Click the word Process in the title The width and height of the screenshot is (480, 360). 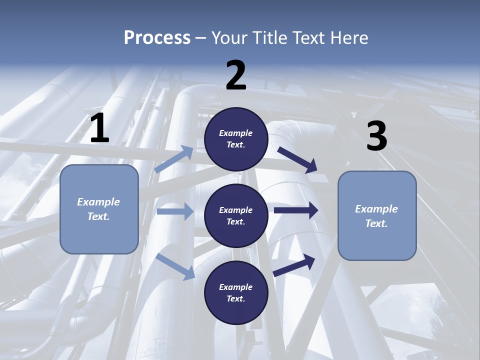[x=157, y=37]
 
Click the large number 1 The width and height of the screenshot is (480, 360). [x=99, y=128]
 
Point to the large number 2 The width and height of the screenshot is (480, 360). [x=236, y=75]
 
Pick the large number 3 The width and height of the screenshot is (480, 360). [x=376, y=136]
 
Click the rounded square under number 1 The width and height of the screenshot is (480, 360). [x=99, y=209]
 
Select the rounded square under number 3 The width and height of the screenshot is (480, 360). [x=377, y=215]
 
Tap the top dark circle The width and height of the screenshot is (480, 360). [x=236, y=139]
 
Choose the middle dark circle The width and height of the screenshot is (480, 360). [x=236, y=215]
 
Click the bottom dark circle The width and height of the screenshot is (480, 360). [x=236, y=292]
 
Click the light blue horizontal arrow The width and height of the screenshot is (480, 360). [x=175, y=211]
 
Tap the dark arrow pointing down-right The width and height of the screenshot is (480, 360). [x=298, y=159]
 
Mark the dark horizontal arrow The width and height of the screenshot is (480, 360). [x=296, y=210]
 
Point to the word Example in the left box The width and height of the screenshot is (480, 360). [x=98, y=202]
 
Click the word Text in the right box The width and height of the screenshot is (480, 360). [x=376, y=223]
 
